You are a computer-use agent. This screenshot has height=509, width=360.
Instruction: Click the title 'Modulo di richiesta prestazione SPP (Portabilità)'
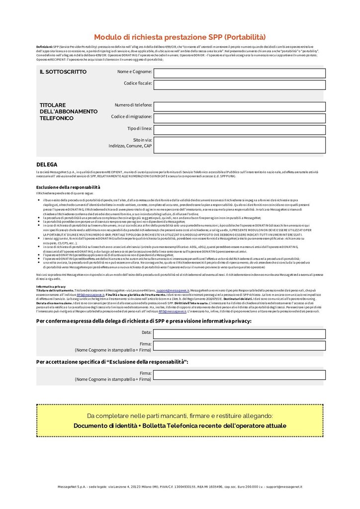tap(180, 37)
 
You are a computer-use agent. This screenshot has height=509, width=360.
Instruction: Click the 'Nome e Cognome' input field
tap(240, 73)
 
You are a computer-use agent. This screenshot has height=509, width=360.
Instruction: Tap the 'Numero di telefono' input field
tap(240, 106)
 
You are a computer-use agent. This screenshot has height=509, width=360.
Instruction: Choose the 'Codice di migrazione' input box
tap(240, 117)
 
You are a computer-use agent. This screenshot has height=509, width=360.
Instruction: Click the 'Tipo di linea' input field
tap(240, 129)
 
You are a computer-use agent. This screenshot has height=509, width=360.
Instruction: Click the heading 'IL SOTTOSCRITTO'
tap(63, 72)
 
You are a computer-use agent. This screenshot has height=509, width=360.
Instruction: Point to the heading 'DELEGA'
tap(47, 164)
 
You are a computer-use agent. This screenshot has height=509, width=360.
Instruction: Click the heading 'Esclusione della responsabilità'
tap(68, 187)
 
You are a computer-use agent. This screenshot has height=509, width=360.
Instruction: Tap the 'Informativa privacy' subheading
tap(51, 287)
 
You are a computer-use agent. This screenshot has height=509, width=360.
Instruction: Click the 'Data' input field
tap(240, 334)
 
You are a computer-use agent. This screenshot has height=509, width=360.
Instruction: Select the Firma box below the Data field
tap(240, 345)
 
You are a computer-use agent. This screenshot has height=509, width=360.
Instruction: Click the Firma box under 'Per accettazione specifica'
tap(240, 375)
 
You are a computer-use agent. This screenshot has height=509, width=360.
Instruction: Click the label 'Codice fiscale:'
tap(138, 83)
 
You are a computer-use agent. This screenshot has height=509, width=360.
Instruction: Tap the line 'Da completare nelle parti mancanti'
tap(180, 416)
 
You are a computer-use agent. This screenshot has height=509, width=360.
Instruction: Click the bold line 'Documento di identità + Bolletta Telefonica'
tap(180, 425)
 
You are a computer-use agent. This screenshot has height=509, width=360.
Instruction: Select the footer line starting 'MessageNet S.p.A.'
tap(180, 487)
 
